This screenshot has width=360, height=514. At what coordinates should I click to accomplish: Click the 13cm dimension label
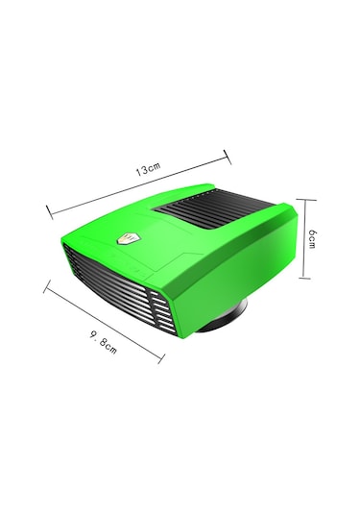coord(149,168)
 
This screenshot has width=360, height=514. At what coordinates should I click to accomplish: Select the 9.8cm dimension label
coord(103,343)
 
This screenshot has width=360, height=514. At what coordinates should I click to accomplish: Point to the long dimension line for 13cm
coord(138,184)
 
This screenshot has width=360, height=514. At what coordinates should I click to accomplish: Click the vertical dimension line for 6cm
coord(305,238)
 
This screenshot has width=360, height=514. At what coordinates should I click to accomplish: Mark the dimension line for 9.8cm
coord(104,322)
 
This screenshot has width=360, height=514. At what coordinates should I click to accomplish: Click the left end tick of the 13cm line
coord(50,212)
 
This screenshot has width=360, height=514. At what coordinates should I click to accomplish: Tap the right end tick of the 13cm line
coord(228,157)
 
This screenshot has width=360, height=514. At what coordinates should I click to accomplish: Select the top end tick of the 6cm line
coord(306,199)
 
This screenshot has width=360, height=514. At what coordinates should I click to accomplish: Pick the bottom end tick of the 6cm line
coord(304,279)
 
